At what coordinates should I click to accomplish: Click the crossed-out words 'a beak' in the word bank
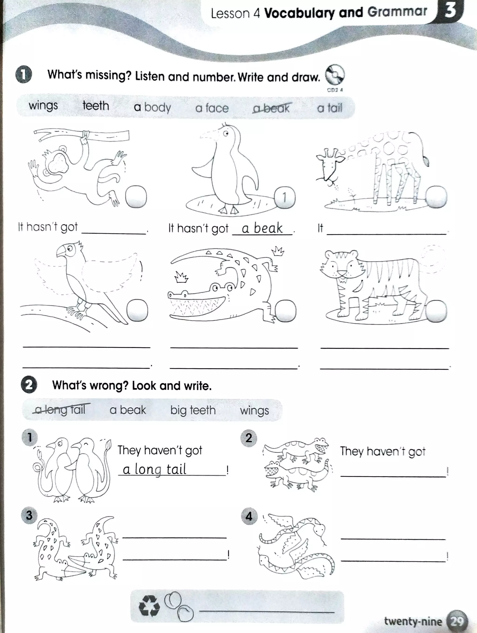click(271, 108)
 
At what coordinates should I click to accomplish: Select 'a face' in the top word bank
click(212, 108)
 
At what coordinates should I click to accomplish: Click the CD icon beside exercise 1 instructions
click(335, 75)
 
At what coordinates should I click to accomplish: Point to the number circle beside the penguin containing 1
click(284, 198)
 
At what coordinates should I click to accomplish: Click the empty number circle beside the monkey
click(136, 196)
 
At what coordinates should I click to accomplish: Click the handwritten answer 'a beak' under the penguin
click(262, 228)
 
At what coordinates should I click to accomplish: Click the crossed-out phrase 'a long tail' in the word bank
click(61, 410)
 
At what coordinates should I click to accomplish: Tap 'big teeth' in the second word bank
click(193, 410)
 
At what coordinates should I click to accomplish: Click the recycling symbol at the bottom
click(149, 606)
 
